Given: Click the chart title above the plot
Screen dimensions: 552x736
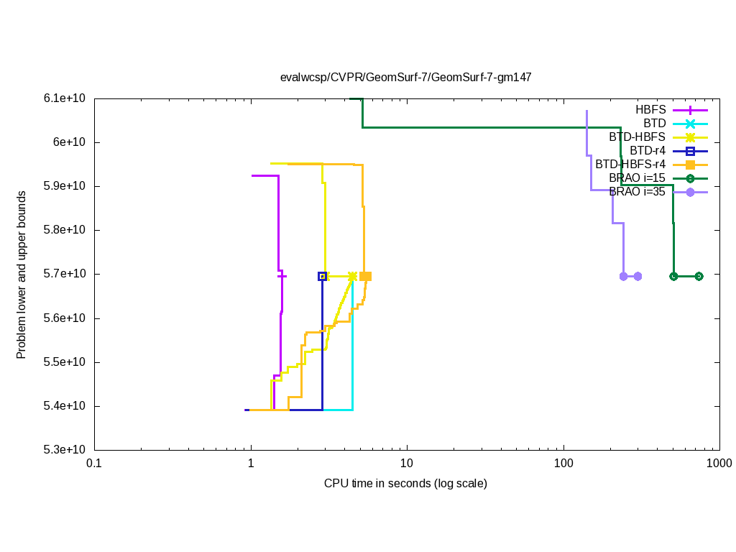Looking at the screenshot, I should tap(405, 77).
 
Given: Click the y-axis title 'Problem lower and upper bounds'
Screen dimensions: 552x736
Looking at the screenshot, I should tap(22, 275).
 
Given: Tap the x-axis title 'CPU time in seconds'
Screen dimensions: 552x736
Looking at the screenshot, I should tap(405, 483).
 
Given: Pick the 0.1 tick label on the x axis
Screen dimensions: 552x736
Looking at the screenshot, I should tap(94, 464).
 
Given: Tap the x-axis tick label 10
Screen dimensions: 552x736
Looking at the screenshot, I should tap(407, 464).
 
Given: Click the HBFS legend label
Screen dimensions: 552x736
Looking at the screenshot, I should tap(650, 110).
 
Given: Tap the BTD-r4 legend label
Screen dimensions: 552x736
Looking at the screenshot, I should tap(647, 151).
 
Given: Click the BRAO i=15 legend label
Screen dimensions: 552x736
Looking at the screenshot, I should tap(637, 178).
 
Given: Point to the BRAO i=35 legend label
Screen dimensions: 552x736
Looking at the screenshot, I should tap(637, 191).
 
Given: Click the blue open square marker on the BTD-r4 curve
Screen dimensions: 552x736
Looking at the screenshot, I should tap(323, 276).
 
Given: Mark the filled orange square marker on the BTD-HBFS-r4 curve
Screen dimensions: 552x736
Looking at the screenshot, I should tap(365, 276).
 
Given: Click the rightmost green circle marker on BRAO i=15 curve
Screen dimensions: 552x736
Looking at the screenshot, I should tap(699, 276).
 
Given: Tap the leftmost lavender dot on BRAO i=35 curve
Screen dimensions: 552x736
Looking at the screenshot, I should tap(623, 276).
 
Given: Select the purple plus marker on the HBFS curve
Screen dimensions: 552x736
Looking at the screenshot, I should tap(282, 276).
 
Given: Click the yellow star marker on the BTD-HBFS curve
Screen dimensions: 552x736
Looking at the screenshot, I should tap(352, 276).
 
